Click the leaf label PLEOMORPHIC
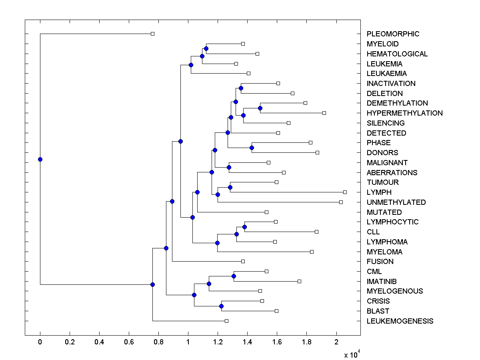point(393,34)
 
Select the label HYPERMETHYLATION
point(404,113)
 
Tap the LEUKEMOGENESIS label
point(400,321)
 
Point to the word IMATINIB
point(382,282)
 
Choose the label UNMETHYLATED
point(396,202)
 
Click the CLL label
point(373,232)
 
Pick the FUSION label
point(380,262)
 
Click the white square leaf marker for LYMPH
point(345,192)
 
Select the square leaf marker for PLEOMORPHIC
point(152,34)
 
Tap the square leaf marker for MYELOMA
point(312,252)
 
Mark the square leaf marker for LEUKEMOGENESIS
point(226,321)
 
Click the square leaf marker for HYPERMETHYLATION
point(324,113)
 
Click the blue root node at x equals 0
point(40,159)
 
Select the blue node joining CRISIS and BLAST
point(221,306)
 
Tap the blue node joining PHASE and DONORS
point(252,148)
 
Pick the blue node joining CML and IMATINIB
point(234,276)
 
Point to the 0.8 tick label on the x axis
point(158,342)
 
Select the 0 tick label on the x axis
point(40,342)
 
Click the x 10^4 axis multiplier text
point(352,354)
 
